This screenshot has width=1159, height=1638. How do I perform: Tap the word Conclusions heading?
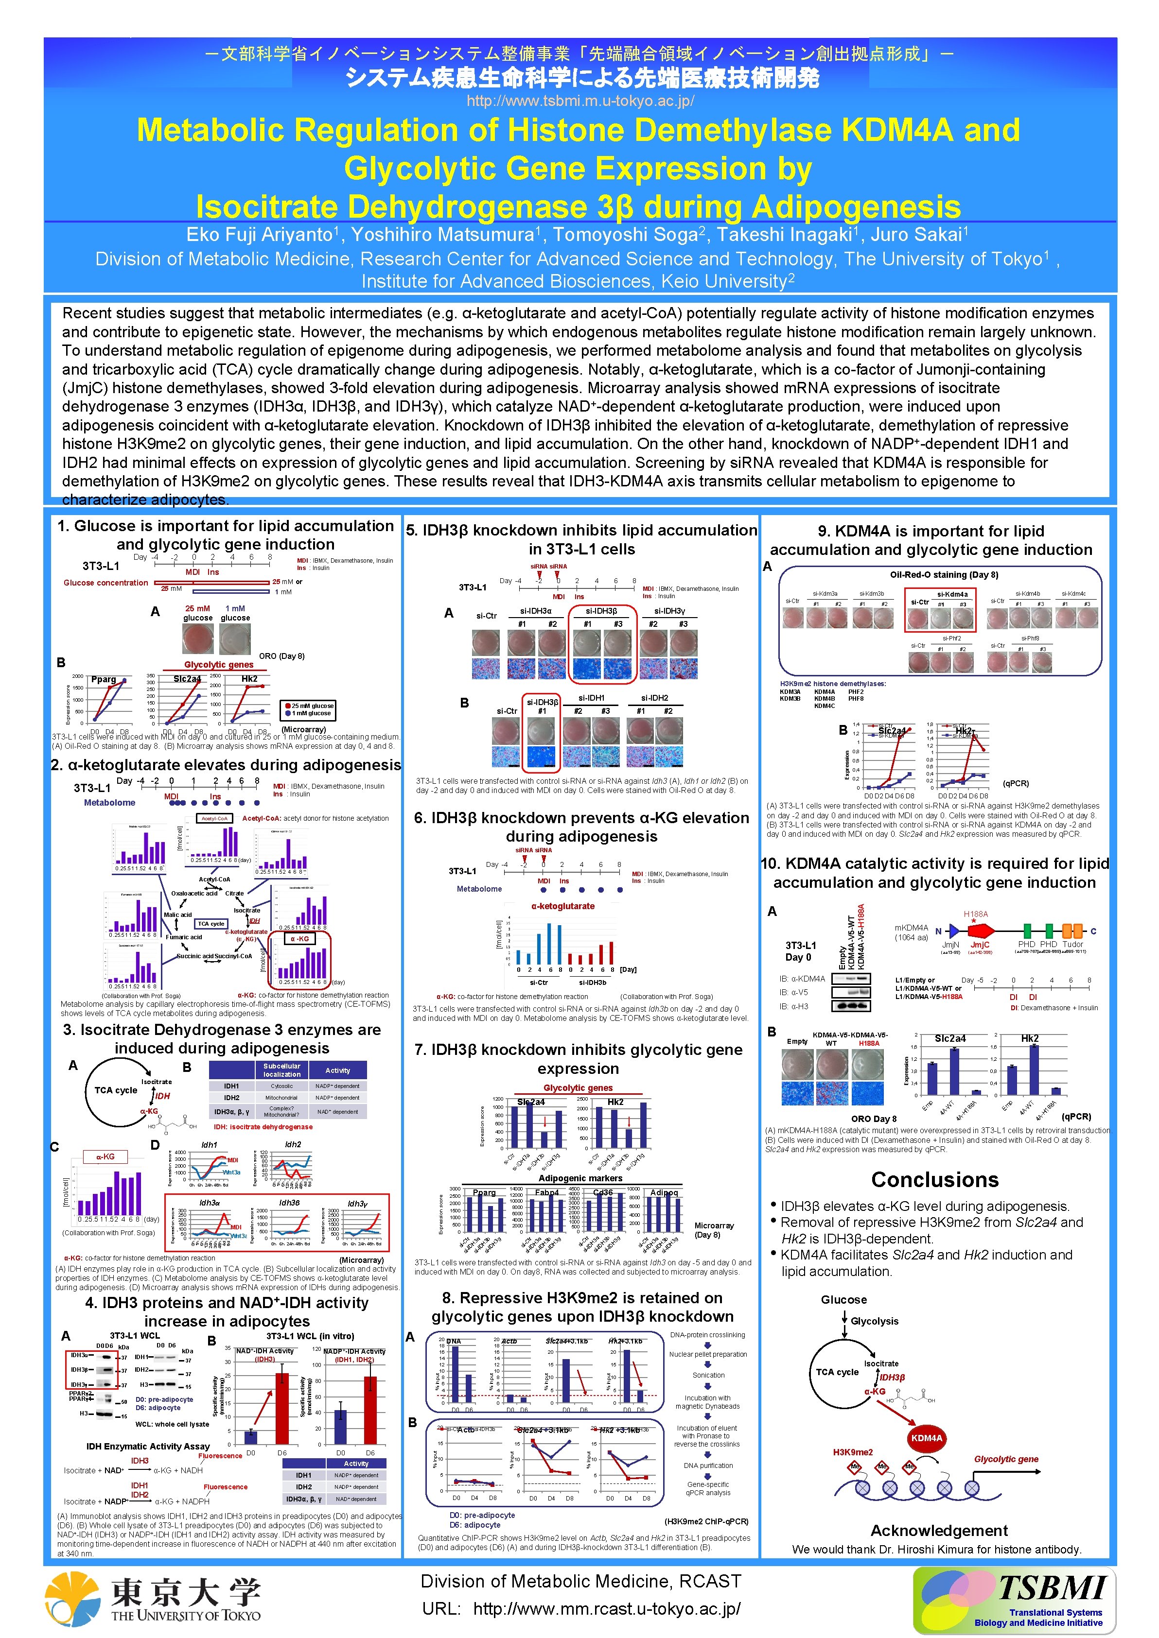[934, 1180]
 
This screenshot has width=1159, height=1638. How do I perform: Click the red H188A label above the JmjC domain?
[976, 914]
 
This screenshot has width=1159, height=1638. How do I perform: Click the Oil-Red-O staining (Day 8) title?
[944, 574]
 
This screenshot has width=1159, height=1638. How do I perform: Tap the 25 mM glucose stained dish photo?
[198, 639]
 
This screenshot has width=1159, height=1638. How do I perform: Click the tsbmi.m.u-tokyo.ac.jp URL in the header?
[579, 101]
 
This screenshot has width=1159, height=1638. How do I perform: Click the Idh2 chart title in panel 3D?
[293, 1144]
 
